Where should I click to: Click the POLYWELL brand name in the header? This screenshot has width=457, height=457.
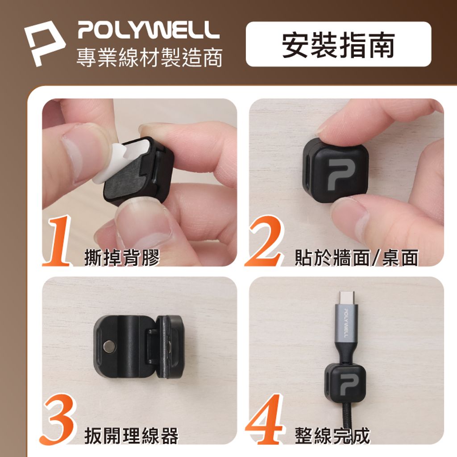[x=149, y=30]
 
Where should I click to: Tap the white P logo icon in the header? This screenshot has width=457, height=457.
[x=44, y=42]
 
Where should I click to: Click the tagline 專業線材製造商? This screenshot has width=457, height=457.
[x=149, y=58]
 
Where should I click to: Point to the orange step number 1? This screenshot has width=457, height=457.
[x=57, y=241]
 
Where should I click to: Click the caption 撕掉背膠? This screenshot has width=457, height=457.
[x=121, y=258]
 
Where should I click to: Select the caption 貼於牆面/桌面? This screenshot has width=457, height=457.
[x=356, y=258]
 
